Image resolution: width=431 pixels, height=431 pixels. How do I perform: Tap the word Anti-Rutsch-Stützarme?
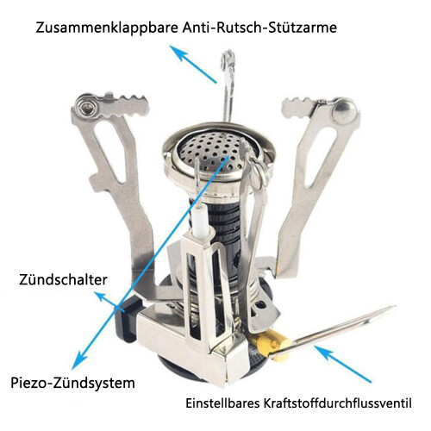tap(259, 28)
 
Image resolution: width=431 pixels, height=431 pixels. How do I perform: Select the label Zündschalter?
tap(63, 279)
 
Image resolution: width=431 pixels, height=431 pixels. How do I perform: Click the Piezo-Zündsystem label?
tap(72, 384)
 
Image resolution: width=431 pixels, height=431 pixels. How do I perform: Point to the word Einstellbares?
tap(222, 403)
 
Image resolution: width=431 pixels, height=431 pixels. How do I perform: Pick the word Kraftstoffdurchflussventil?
tap(338, 403)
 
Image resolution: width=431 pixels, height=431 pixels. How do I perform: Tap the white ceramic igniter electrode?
tap(200, 222)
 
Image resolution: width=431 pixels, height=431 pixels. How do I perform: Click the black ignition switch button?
tap(127, 319)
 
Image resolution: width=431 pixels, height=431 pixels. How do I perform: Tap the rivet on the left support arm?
tap(87, 107)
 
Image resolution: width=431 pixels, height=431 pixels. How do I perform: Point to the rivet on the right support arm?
tap(343, 109)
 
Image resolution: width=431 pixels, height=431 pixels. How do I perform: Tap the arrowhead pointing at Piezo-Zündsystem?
tap(80, 359)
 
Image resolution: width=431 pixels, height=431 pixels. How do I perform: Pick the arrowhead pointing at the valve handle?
tap(323, 352)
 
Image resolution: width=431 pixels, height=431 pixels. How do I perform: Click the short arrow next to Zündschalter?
tap(109, 302)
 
